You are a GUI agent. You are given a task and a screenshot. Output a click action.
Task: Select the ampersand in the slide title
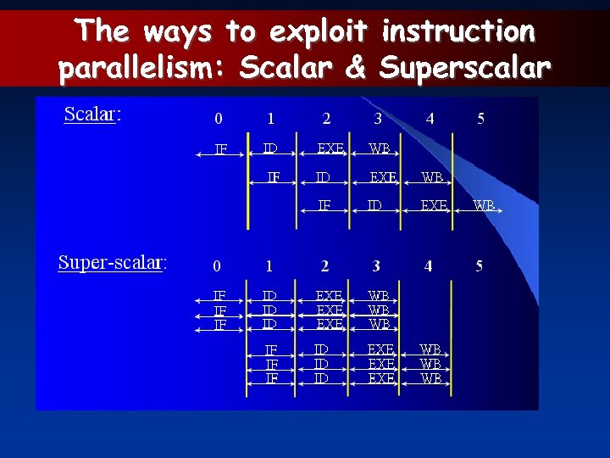pos(354,67)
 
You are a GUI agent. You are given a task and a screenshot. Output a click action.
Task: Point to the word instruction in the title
pos(458,31)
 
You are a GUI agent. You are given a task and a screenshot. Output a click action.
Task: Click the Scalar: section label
pos(92,114)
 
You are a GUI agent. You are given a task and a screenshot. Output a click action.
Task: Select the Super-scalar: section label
pos(112,262)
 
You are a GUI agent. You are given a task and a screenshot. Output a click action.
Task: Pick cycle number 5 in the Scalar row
pos(481,118)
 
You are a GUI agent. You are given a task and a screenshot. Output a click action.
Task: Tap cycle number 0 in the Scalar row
pos(219,118)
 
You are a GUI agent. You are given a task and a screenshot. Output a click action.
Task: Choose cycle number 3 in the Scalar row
pos(378,118)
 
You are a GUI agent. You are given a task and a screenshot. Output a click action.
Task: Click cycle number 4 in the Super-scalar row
pos(428,266)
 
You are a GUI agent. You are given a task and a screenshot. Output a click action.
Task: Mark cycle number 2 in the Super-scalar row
pos(324,266)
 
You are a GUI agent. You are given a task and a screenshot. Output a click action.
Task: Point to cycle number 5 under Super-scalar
pos(480,266)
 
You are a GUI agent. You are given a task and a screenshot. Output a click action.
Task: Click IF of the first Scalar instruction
pos(221,149)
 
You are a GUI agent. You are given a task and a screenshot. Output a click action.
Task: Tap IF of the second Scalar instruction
pos(274,178)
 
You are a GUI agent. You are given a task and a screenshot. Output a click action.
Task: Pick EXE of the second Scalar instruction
pos(383,178)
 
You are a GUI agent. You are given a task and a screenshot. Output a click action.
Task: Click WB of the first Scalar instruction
pos(380,149)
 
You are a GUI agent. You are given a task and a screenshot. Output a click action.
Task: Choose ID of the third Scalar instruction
pos(374,205)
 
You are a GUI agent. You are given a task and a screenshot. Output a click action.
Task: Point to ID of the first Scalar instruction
pos(270,149)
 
